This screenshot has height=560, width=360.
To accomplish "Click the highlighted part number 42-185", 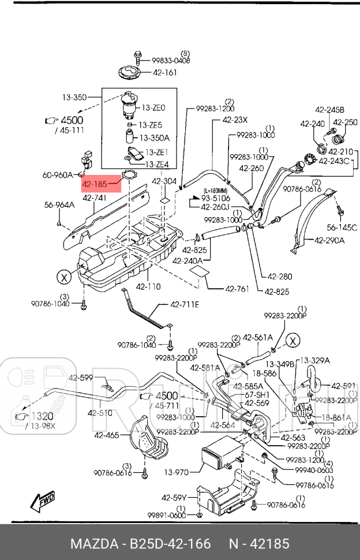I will click(x=95, y=185).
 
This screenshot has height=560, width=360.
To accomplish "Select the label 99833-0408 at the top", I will click(x=171, y=59).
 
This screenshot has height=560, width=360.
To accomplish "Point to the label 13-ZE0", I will click(x=154, y=107).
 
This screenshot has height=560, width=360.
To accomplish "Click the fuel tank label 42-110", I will click(x=148, y=286).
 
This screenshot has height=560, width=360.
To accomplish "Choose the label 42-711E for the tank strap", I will click(x=184, y=304).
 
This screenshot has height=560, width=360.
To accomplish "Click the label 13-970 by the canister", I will click(x=176, y=472).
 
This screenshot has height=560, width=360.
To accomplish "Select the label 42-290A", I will click(x=329, y=240).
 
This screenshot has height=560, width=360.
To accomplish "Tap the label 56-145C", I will click(x=342, y=227).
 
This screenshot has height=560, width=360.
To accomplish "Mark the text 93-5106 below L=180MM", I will click(x=215, y=198).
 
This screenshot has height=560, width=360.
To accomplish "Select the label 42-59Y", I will click(x=175, y=498).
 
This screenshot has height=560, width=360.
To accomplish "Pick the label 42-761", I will click(x=238, y=289).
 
